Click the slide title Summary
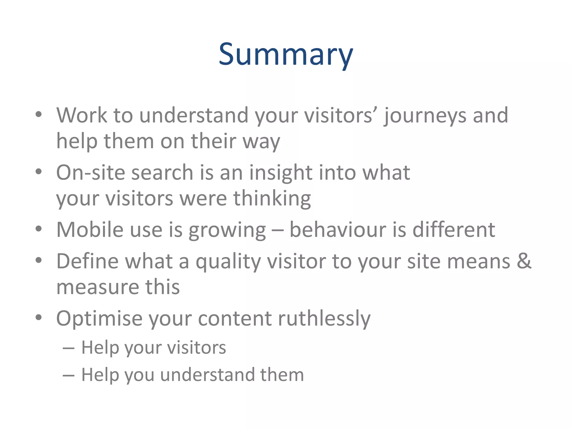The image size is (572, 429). click(286, 54)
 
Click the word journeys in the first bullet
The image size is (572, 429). click(425, 116)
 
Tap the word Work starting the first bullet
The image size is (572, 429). click(82, 115)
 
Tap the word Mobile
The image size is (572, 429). click(90, 230)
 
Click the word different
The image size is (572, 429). click(454, 230)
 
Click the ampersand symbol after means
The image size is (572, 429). click(524, 261)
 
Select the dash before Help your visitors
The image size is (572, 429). click(68, 348)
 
